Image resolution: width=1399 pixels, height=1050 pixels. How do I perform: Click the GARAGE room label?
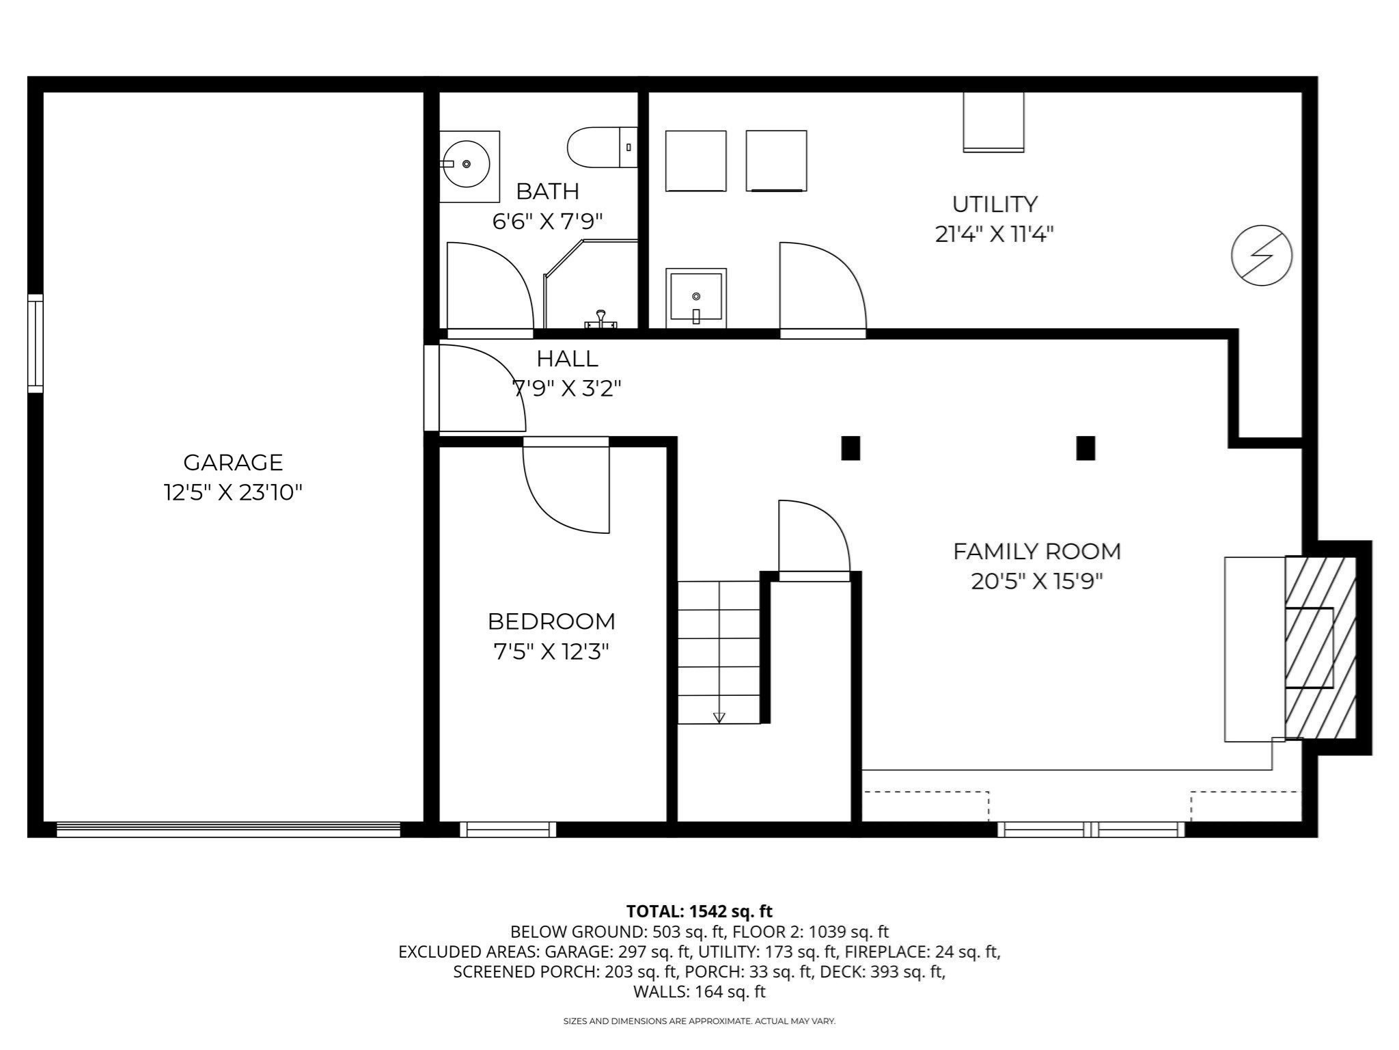[233, 462]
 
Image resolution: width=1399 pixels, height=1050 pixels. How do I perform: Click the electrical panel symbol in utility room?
[1261, 255]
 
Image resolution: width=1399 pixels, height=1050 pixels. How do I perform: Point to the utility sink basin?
[695, 297]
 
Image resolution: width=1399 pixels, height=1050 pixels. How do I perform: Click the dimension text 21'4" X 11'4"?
[994, 234]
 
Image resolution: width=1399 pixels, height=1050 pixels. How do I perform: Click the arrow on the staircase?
[719, 716]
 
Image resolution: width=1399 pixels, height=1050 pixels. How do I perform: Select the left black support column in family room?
[850, 448]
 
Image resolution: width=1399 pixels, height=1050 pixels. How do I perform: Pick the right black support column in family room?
[1085, 448]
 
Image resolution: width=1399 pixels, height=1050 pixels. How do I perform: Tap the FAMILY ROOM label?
[1036, 551]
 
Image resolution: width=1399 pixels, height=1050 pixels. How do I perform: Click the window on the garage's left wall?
[35, 343]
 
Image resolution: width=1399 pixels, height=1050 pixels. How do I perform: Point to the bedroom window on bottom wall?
[508, 829]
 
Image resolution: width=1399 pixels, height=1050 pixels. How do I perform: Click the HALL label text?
[567, 358]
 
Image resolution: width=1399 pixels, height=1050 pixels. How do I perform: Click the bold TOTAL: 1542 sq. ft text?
[699, 911]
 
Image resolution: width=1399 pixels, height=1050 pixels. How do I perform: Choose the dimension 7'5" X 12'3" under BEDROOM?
[551, 651]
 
